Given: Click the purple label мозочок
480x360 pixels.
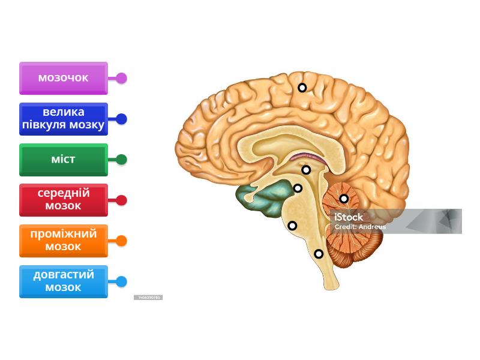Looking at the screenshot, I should point(63,78).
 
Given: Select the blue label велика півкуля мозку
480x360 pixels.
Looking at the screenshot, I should point(63,119).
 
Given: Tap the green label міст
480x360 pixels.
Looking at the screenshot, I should point(63,160).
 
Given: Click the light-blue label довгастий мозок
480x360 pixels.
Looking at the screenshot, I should point(63,281).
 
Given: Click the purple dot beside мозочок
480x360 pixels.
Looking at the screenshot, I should point(121,78).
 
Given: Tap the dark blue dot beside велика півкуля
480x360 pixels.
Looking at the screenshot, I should point(121,119).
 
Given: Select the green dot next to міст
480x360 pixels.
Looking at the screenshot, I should point(121,160).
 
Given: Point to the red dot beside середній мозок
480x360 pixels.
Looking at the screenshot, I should point(121,200).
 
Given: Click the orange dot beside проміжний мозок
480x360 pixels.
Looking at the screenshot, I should point(121,241).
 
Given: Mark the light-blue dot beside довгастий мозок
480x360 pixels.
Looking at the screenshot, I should point(121,281).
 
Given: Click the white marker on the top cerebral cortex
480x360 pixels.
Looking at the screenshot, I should point(302,88).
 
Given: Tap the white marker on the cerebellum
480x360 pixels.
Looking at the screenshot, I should point(344,199).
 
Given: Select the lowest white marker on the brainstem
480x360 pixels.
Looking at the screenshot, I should point(319,254).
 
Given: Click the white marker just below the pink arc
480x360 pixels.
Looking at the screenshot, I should point(306,170).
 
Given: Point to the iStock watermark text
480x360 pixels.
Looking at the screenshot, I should point(349,217).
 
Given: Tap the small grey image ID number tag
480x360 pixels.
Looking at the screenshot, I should point(148,298).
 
